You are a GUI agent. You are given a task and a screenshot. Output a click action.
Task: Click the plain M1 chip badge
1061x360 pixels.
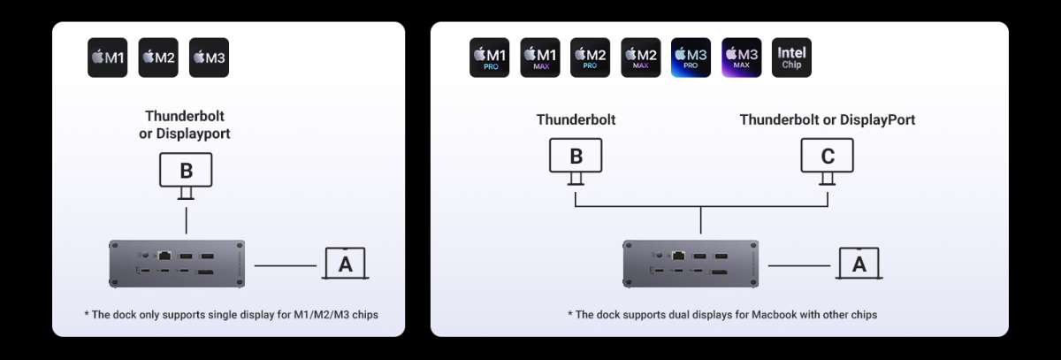[108, 57]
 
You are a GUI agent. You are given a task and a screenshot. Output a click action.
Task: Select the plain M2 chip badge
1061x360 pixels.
[158, 57]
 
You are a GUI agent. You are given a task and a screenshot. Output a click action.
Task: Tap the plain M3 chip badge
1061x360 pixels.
[209, 57]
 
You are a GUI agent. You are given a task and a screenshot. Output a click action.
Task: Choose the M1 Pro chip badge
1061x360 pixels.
[489, 57]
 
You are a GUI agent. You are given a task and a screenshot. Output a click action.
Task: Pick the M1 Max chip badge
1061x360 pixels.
[540, 57]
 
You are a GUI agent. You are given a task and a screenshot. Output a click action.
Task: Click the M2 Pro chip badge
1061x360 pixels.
[591, 57]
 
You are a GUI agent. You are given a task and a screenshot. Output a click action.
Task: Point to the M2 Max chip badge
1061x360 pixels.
[641, 57]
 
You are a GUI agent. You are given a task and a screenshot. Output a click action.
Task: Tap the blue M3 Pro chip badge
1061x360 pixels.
[691, 57]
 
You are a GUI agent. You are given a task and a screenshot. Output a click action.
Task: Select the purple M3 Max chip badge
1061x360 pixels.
[742, 57]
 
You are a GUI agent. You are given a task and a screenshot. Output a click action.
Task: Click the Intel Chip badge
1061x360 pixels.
[791, 57]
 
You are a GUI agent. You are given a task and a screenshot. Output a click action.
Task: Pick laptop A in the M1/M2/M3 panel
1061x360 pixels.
[346, 264]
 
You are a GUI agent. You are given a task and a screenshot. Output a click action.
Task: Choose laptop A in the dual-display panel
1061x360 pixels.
[859, 264]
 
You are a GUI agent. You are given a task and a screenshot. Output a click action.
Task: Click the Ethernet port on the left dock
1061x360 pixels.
[164, 256]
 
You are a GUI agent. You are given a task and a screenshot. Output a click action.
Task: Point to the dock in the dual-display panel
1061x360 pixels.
[691, 264]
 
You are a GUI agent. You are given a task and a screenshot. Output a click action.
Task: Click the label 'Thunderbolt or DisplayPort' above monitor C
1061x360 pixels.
[828, 119]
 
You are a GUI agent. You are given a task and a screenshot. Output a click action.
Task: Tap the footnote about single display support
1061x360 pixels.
[231, 315]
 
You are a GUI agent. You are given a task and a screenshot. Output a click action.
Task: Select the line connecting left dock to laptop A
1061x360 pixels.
[285, 265]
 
